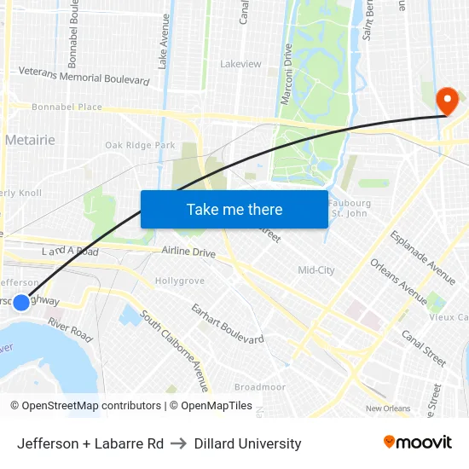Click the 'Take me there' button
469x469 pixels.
234,209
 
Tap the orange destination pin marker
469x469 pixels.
446,102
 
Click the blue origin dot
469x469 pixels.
21,302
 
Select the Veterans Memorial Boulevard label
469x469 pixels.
84,78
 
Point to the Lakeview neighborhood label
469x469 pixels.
240,64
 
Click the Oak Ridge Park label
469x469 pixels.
140,146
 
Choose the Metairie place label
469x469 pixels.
30,140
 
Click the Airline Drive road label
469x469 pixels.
188,252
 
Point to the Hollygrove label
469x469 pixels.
179,281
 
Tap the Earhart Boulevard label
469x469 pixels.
227,323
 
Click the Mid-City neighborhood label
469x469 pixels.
316,270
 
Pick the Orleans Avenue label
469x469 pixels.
399,281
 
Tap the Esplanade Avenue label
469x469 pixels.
423,257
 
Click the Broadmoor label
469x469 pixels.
259,386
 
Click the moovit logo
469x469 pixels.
417,442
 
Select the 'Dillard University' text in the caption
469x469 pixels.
247,443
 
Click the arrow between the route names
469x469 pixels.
179,443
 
